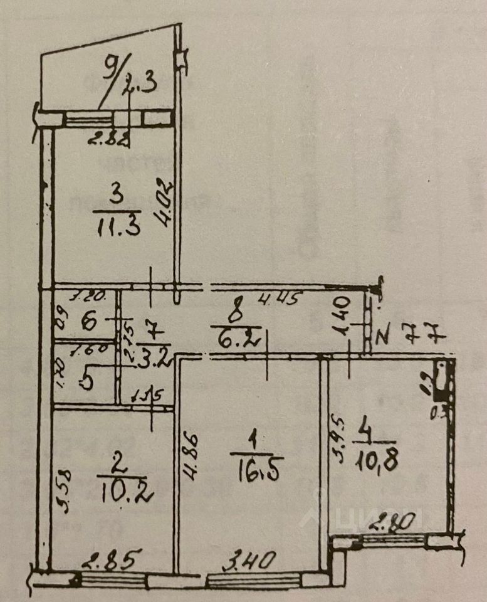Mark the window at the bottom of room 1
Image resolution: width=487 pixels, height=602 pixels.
click(x=253, y=581)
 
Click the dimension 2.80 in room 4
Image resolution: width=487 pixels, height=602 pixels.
click(x=383, y=522)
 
